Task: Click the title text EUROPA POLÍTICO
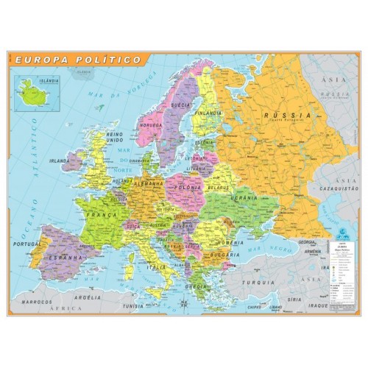(78, 57)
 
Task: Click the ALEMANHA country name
(149, 182)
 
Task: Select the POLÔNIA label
(189, 187)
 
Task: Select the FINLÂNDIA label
(208, 113)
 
